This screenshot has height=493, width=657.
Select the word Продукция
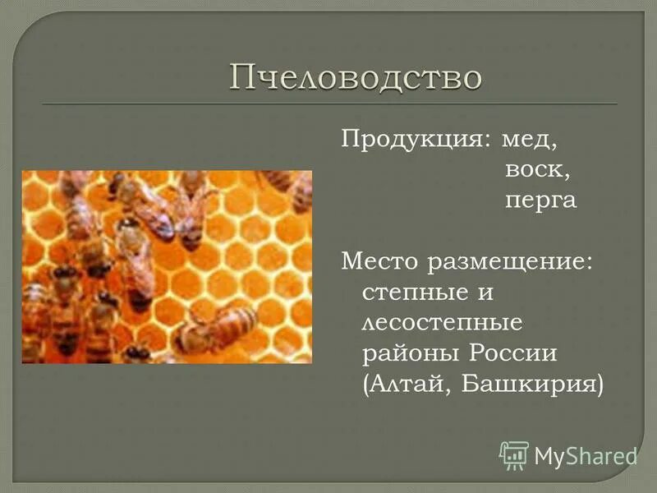pos(409,140)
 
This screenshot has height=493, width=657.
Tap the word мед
pos(531,140)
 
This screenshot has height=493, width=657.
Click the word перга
pos(540,201)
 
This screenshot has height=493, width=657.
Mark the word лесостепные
pos(442,322)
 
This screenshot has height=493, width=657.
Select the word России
pos(513,352)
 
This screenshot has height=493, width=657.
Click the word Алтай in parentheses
pos(407,384)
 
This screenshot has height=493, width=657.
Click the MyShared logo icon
pos(514,454)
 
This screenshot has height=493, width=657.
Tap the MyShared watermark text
pos(586,455)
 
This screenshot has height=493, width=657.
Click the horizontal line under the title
pos(328,104)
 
